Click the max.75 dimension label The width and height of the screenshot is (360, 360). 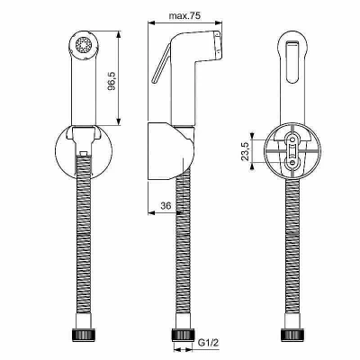(x=184, y=15)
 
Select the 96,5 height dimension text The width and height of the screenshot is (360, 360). (x=112, y=81)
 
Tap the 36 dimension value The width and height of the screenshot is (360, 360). (x=166, y=206)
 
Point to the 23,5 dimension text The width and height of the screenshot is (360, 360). (x=246, y=151)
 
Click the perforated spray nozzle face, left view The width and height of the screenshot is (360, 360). (x=84, y=46)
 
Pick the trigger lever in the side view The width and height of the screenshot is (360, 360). (x=161, y=63)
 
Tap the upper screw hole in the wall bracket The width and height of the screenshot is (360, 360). (x=292, y=139)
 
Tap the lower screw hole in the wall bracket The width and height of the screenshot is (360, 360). (x=292, y=162)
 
